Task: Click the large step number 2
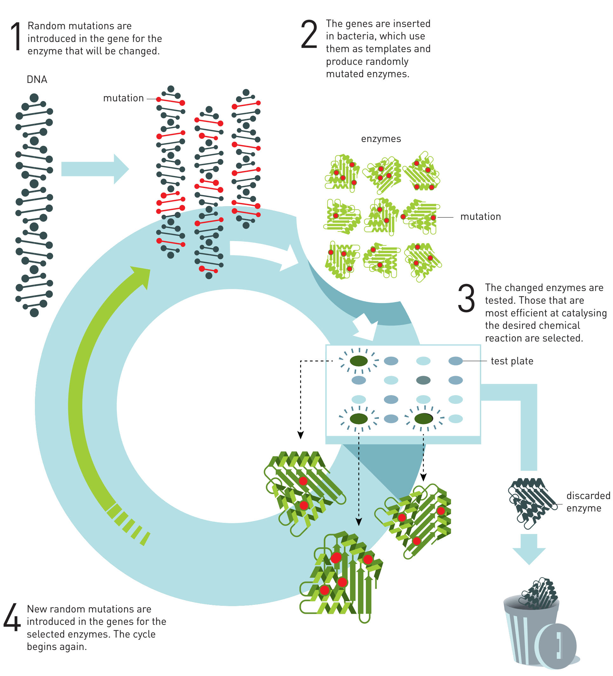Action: coord(308,34)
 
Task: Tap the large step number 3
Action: coord(466,298)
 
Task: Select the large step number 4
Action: coord(12,617)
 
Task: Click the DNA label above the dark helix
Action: coord(37,80)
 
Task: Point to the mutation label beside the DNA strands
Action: coord(124,98)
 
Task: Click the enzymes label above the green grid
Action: coord(381,139)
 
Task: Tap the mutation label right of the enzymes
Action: coord(480,217)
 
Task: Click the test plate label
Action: coord(512,361)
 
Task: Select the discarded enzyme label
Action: coord(588,502)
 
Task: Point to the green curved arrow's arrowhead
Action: coord(142,275)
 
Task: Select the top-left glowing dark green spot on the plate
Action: coord(359,361)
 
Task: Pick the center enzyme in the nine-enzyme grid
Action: coord(381,216)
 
